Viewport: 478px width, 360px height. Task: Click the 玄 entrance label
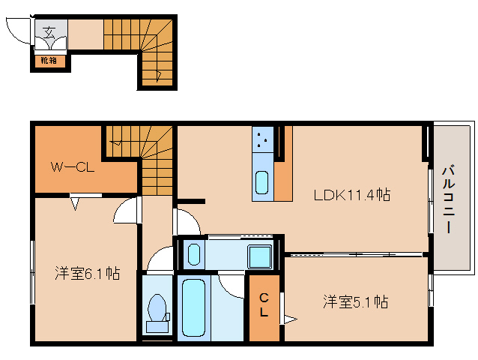coord(49,32)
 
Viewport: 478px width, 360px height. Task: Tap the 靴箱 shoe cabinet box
coord(49,60)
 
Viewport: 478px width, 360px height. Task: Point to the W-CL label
coord(72,167)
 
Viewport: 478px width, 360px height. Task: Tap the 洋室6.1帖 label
coord(86,274)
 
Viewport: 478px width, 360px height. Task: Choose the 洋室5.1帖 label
coord(355,302)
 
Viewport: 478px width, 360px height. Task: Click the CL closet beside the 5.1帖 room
coord(264,307)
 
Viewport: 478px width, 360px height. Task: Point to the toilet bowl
coord(158,309)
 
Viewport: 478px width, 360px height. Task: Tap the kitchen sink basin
coord(263,182)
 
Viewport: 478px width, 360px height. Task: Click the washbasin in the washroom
coord(194,253)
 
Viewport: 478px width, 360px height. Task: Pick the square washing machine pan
coord(260,256)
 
